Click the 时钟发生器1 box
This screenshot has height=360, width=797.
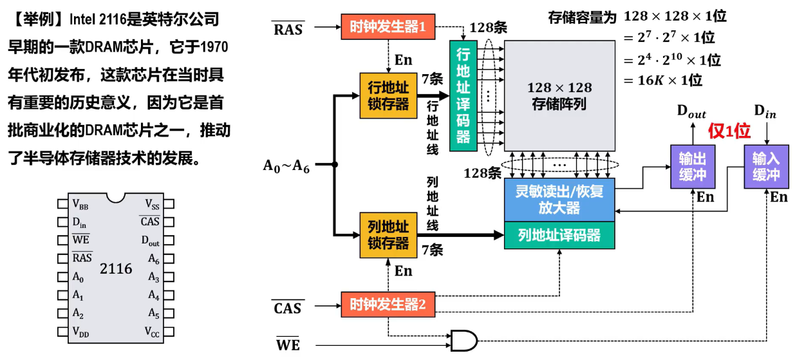coord(388,27)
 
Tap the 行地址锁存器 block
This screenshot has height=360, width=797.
coord(388,96)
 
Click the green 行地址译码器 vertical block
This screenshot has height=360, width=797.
coord(464,95)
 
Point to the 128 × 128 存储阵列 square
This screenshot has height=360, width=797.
coord(559,95)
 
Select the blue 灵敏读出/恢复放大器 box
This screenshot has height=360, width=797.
coord(559,200)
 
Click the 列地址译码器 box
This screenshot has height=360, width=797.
coord(559,234)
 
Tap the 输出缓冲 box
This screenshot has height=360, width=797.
coord(692,167)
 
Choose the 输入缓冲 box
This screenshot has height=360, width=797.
coord(765,167)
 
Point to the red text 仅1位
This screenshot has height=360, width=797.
coord(729,131)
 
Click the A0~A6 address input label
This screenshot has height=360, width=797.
coord(286,166)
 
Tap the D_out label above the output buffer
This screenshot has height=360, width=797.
coord(691,111)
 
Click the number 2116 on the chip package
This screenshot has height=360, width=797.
coord(116,269)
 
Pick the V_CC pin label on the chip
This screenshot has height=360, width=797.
coord(152,332)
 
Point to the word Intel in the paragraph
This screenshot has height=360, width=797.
coord(88,20)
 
